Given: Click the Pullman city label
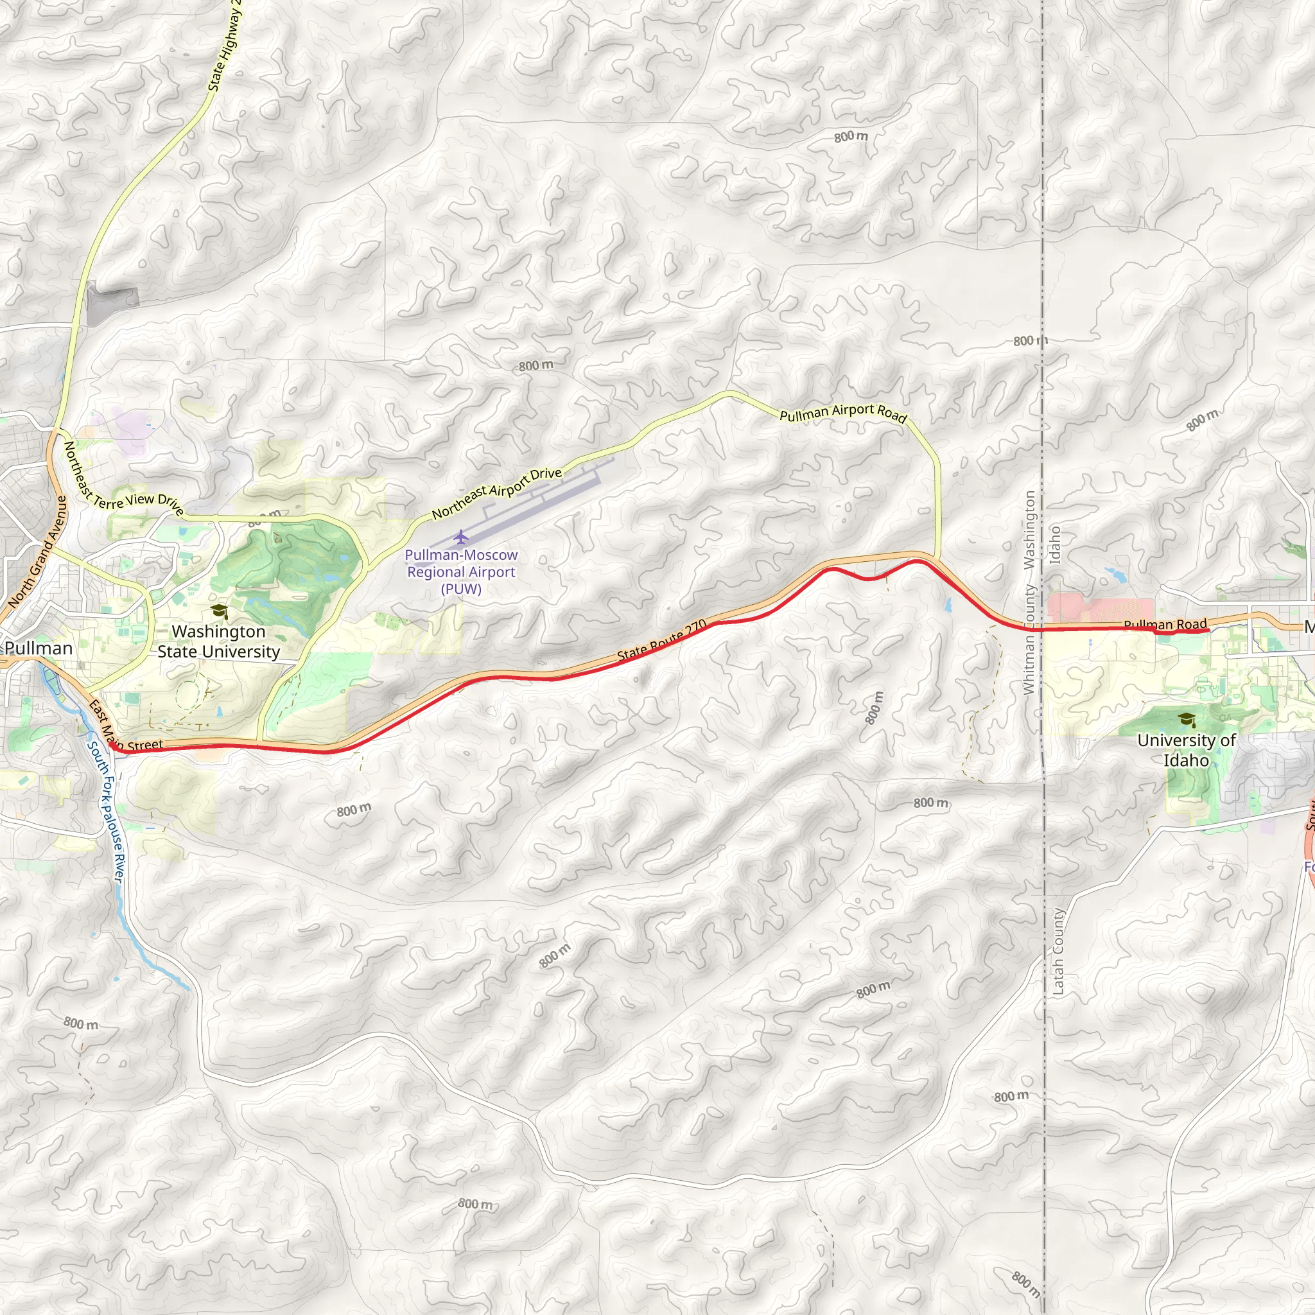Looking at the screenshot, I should coord(39,648).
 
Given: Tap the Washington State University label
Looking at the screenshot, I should coord(218,641).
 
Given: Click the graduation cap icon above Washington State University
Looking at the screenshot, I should coord(218,611).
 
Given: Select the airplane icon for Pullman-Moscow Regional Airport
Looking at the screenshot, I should coord(462,537).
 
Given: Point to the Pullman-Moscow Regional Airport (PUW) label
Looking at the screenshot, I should coord(462,571).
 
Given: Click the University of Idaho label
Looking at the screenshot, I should coord(1187,750).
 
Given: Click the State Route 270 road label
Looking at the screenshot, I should coord(661,641).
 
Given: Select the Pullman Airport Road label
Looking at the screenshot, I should coord(842,413).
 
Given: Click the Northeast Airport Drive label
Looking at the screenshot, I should coord(497,492).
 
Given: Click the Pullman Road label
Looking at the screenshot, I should coord(1165,624).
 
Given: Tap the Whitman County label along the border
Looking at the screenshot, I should coord(1029,640).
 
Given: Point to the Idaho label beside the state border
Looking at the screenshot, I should coord(1055,544).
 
